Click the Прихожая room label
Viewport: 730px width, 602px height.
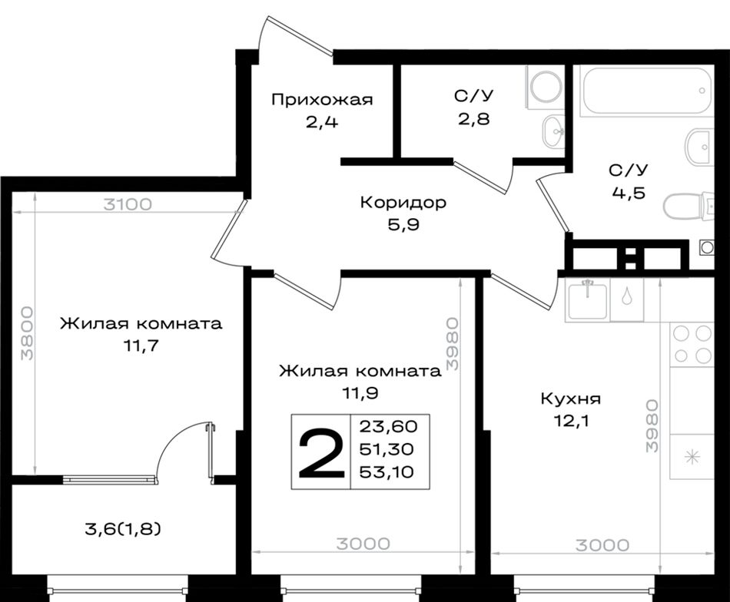(322, 100)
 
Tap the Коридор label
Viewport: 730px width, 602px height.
(403, 203)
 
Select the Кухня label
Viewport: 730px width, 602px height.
(571, 399)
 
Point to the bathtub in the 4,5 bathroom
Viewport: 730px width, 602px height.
(646, 91)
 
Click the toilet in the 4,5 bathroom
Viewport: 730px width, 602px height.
(689, 207)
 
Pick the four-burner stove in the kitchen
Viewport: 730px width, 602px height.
(692, 345)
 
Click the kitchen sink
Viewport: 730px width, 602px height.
(588, 300)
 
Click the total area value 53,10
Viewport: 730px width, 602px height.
(387, 473)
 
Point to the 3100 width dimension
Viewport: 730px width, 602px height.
(127, 204)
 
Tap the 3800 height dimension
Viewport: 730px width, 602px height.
(28, 333)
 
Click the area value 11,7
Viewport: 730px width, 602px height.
(141, 346)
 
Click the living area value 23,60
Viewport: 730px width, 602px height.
(389, 425)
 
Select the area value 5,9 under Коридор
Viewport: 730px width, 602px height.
(403, 225)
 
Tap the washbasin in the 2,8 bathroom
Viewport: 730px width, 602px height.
(553, 131)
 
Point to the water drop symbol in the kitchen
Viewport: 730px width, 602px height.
(627, 296)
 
